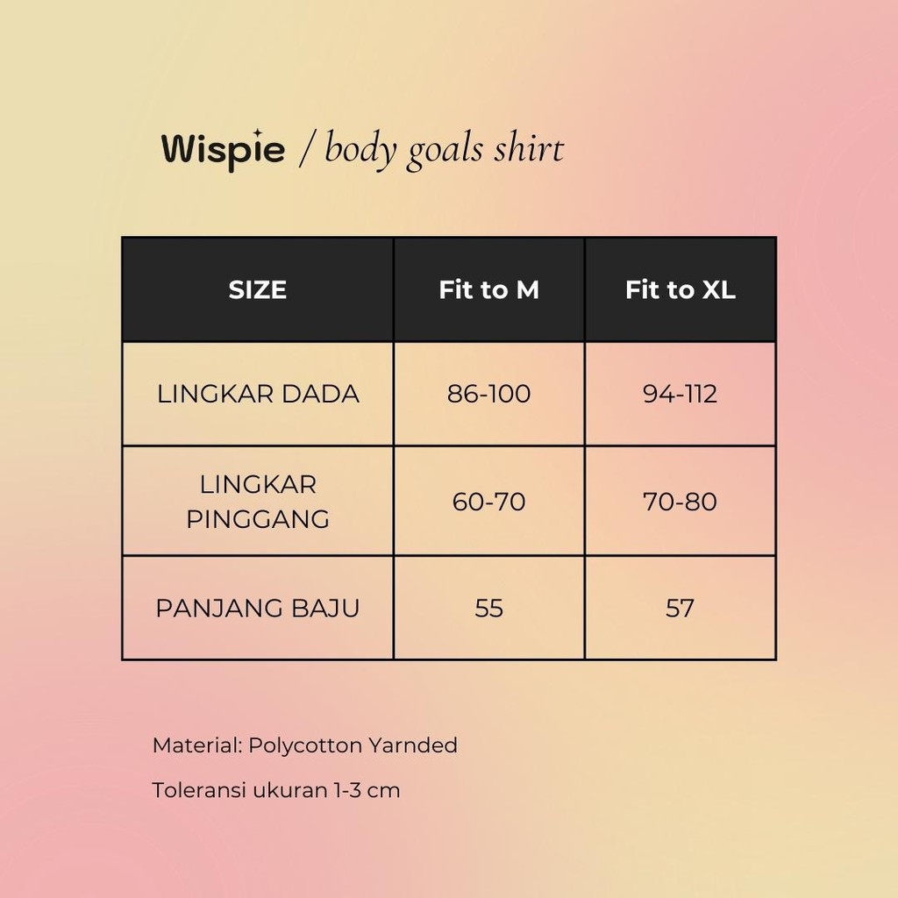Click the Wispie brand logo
pyautogui.click(x=223, y=150)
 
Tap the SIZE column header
pyautogui.click(x=257, y=289)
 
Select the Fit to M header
pyautogui.click(x=488, y=289)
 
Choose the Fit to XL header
pyautogui.click(x=680, y=289)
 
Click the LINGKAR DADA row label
pyautogui.click(x=258, y=394)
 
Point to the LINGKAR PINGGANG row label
pyautogui.click(x=258, y=501)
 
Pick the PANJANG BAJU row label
pyautogui.click(x=258, y=608)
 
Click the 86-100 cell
pyautogui.click(x=488, y=394)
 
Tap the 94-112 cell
pyautogui.click(x=680, y=394)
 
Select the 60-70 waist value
pyautogui.click(x=488, y=502)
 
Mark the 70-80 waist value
pyautogui.click(x=680, y=502)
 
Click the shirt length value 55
pyautogui.click(x=488, y=608)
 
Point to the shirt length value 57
pyautogui.click(x=680, y=608)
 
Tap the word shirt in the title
pyautogui.click(x=528, y=149)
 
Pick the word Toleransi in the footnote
pyautogui.click(x=199, y=790)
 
